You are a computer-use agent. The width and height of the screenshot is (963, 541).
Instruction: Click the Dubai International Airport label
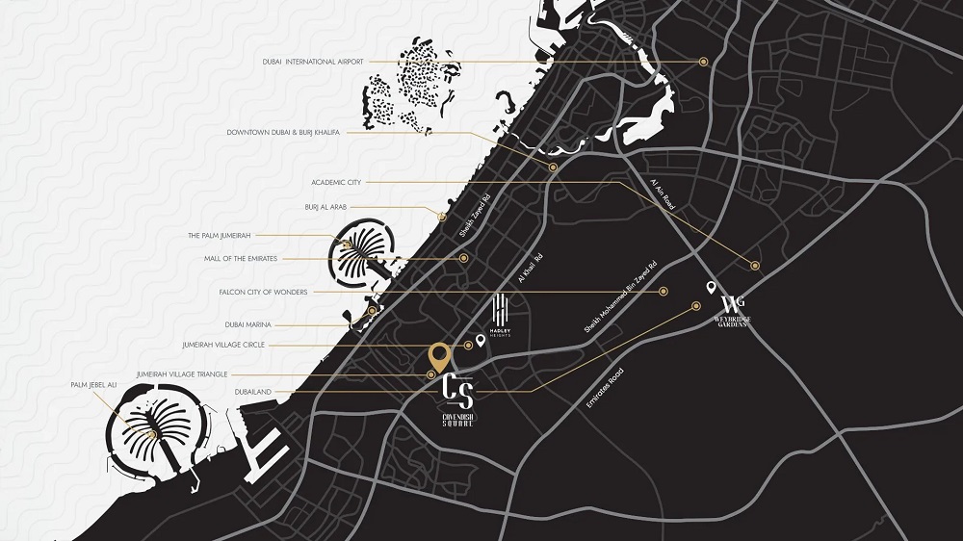312,62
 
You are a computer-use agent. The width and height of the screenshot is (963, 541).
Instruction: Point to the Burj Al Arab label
325,207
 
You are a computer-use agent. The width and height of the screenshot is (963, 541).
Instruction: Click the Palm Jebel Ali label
93,385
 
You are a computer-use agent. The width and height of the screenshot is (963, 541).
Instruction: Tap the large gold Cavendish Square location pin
439,358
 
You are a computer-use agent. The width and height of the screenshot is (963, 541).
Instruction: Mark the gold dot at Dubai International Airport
704,62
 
